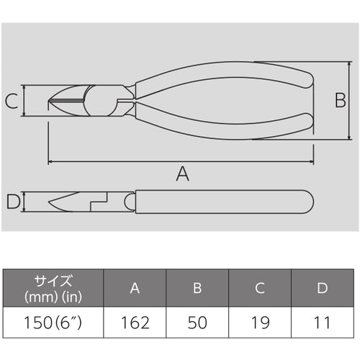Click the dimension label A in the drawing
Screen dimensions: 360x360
[x=183, y=173]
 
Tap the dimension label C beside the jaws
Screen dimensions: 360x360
[x=12, y=101]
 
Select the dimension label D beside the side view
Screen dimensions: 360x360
[x=12, y=202]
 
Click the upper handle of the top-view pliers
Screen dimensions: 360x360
[x=230, y=75]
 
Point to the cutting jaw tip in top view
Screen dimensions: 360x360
[x=53, y=100]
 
